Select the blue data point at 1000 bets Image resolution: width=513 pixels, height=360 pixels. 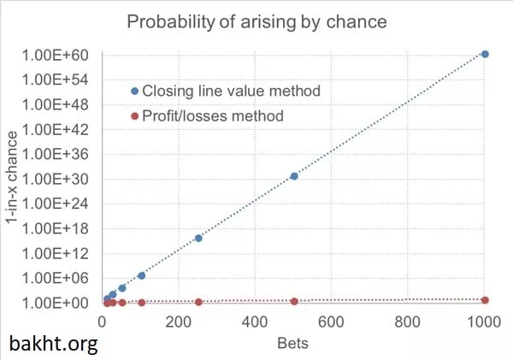485,54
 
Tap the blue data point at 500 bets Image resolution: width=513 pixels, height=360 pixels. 294,176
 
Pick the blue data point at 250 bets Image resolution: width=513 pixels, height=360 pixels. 198,238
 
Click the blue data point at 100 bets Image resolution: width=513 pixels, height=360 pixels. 141,275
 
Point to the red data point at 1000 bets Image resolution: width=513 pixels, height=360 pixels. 485,300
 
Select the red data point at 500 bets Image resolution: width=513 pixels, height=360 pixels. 294,301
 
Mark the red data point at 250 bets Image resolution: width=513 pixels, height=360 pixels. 198,302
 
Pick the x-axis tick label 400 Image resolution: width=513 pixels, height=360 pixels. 332,322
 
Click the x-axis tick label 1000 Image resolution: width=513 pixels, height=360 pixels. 484,322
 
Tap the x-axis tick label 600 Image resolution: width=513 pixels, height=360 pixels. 408,322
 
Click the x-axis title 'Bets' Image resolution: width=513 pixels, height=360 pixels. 292,344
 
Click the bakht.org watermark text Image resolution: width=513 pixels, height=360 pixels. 53,344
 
